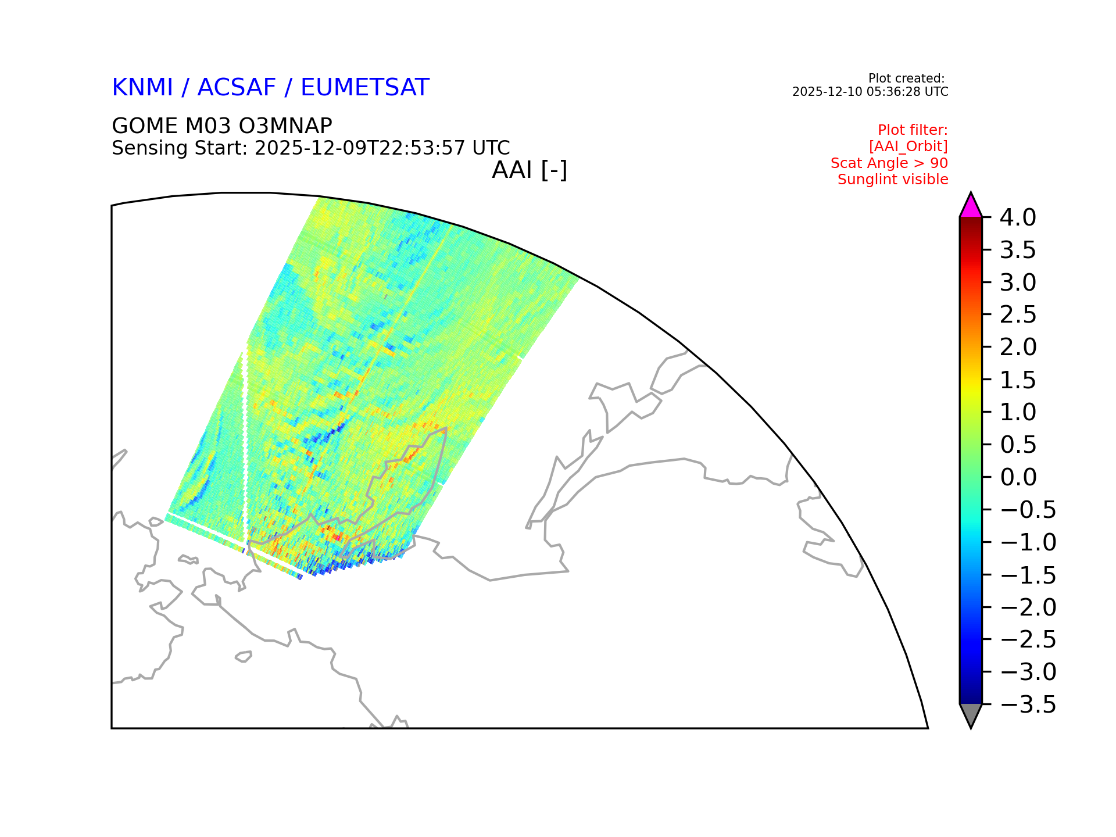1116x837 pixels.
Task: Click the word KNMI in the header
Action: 142,87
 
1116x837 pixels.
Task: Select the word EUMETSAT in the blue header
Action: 365,87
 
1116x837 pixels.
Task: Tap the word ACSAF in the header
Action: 237,87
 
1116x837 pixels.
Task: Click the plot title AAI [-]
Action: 530,170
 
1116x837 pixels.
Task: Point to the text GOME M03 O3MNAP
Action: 222,126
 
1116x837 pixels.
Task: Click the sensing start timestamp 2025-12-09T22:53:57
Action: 360,148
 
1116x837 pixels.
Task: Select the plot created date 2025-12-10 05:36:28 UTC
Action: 870,92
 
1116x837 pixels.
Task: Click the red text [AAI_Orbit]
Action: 908,146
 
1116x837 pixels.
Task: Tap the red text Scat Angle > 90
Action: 889,163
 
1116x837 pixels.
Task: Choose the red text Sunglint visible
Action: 893,180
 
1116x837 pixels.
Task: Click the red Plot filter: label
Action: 913,130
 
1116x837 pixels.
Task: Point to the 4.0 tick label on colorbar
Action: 1018,217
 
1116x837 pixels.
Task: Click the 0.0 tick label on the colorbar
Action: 1018,477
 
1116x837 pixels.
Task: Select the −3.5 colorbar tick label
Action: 1028,704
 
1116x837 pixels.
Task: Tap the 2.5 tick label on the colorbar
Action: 1018,314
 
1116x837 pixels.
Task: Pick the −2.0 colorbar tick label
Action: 1028,607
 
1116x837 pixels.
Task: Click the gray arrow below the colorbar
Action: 971,714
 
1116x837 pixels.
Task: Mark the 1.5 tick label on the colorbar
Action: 1018,380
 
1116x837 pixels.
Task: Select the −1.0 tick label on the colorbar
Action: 1028,542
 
